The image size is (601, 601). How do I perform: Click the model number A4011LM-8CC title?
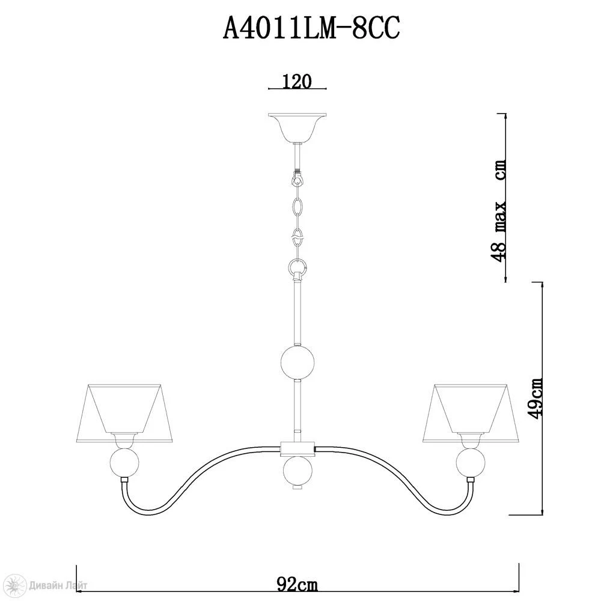(311, 29)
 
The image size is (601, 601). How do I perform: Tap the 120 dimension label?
(297, 81)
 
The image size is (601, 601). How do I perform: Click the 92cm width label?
(297, 585)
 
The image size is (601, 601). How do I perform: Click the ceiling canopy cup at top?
(297, 128)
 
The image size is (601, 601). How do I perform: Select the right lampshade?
(471, 413)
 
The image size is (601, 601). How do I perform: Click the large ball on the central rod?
(297, 362)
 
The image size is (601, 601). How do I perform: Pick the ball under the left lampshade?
(124, 463)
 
